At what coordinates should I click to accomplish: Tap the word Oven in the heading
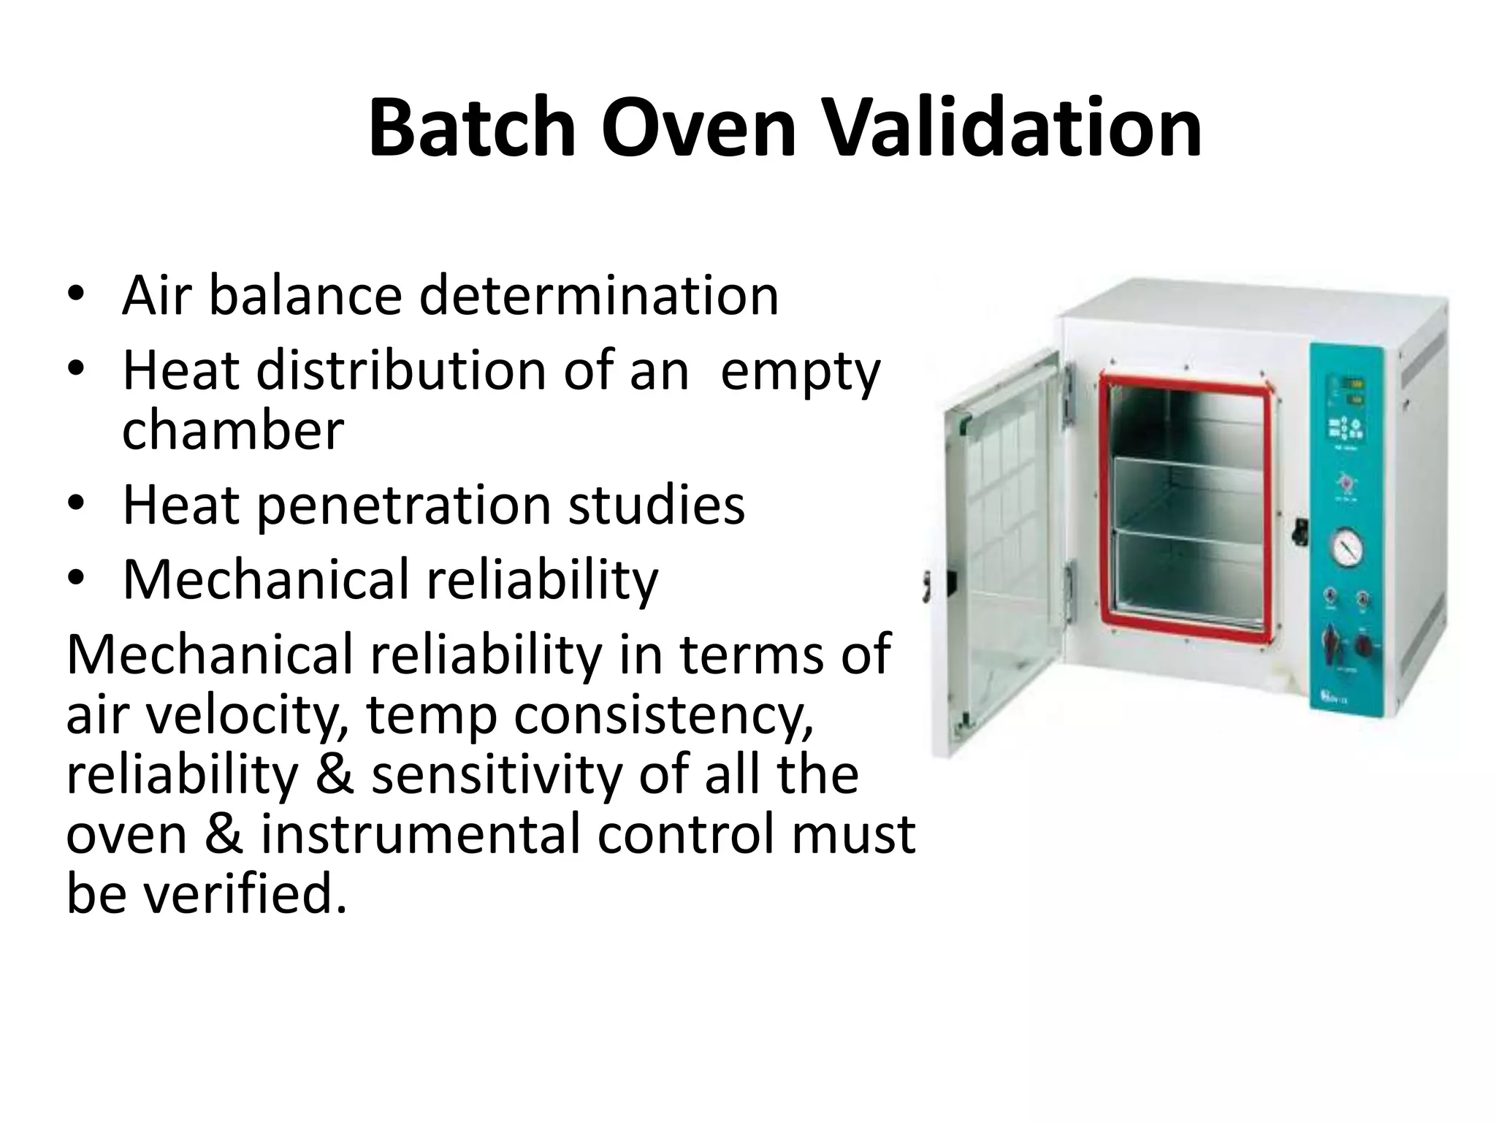click(x=698, y=129)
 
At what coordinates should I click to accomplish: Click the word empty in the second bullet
click(x=801, y=371)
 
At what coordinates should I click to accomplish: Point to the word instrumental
click(x=420, y=833)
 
